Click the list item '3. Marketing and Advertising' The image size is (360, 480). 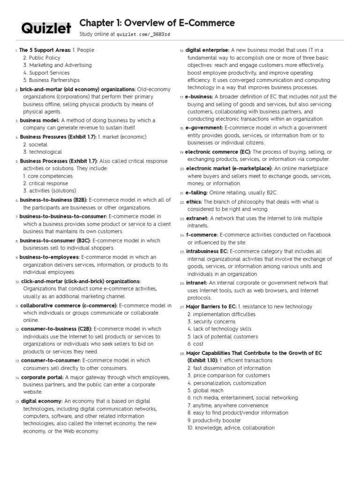58,65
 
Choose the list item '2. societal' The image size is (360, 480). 36,144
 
